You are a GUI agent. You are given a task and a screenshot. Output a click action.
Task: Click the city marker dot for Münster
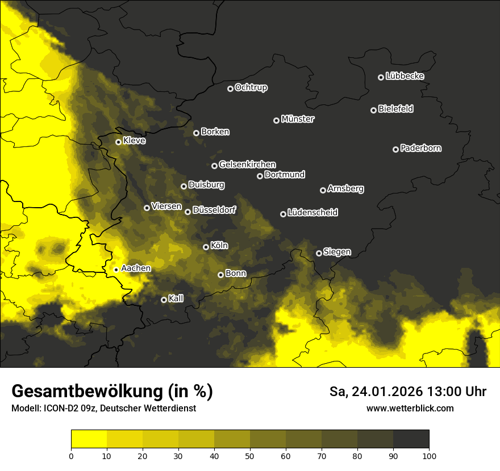[277, 120]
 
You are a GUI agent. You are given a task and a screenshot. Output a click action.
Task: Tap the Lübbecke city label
[405, 76]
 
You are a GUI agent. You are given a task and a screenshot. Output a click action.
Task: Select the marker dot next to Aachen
[116, 270]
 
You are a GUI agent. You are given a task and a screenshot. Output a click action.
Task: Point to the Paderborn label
[420, 148]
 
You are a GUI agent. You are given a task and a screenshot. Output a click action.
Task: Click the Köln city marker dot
[206, 247]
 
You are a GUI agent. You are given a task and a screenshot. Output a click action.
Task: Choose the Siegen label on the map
[337, 252]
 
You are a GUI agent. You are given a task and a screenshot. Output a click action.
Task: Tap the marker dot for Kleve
[119, 142]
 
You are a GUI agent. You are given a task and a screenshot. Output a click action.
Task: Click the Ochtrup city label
[251, 87]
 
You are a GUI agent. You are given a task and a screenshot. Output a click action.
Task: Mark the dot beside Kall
[164, 300]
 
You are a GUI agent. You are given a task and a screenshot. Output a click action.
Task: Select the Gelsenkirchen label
[247, 165]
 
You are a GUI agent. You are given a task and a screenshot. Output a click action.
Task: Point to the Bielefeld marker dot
[374, 110]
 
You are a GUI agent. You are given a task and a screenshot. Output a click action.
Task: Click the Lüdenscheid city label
[312, 213]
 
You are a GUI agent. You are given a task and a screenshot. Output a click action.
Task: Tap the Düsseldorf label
[214, 210]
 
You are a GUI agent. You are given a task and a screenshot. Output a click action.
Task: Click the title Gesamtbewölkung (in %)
[112, 391]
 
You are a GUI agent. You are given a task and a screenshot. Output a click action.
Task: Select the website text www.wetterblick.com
[410, 408]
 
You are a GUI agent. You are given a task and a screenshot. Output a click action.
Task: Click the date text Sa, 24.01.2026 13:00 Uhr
[407, 392]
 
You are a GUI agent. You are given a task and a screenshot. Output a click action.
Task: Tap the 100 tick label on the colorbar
[429, 455]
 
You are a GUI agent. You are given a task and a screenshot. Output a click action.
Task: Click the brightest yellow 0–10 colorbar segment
[89, 439]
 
